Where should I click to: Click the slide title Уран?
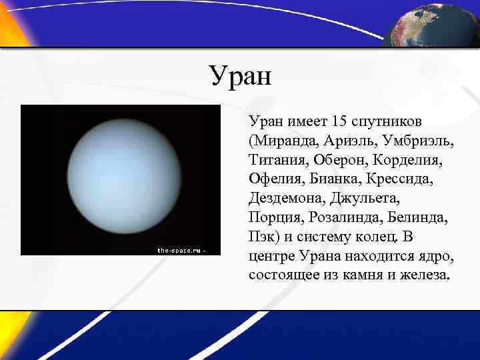tap(240, 75)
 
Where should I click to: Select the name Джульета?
tap(367, 199)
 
